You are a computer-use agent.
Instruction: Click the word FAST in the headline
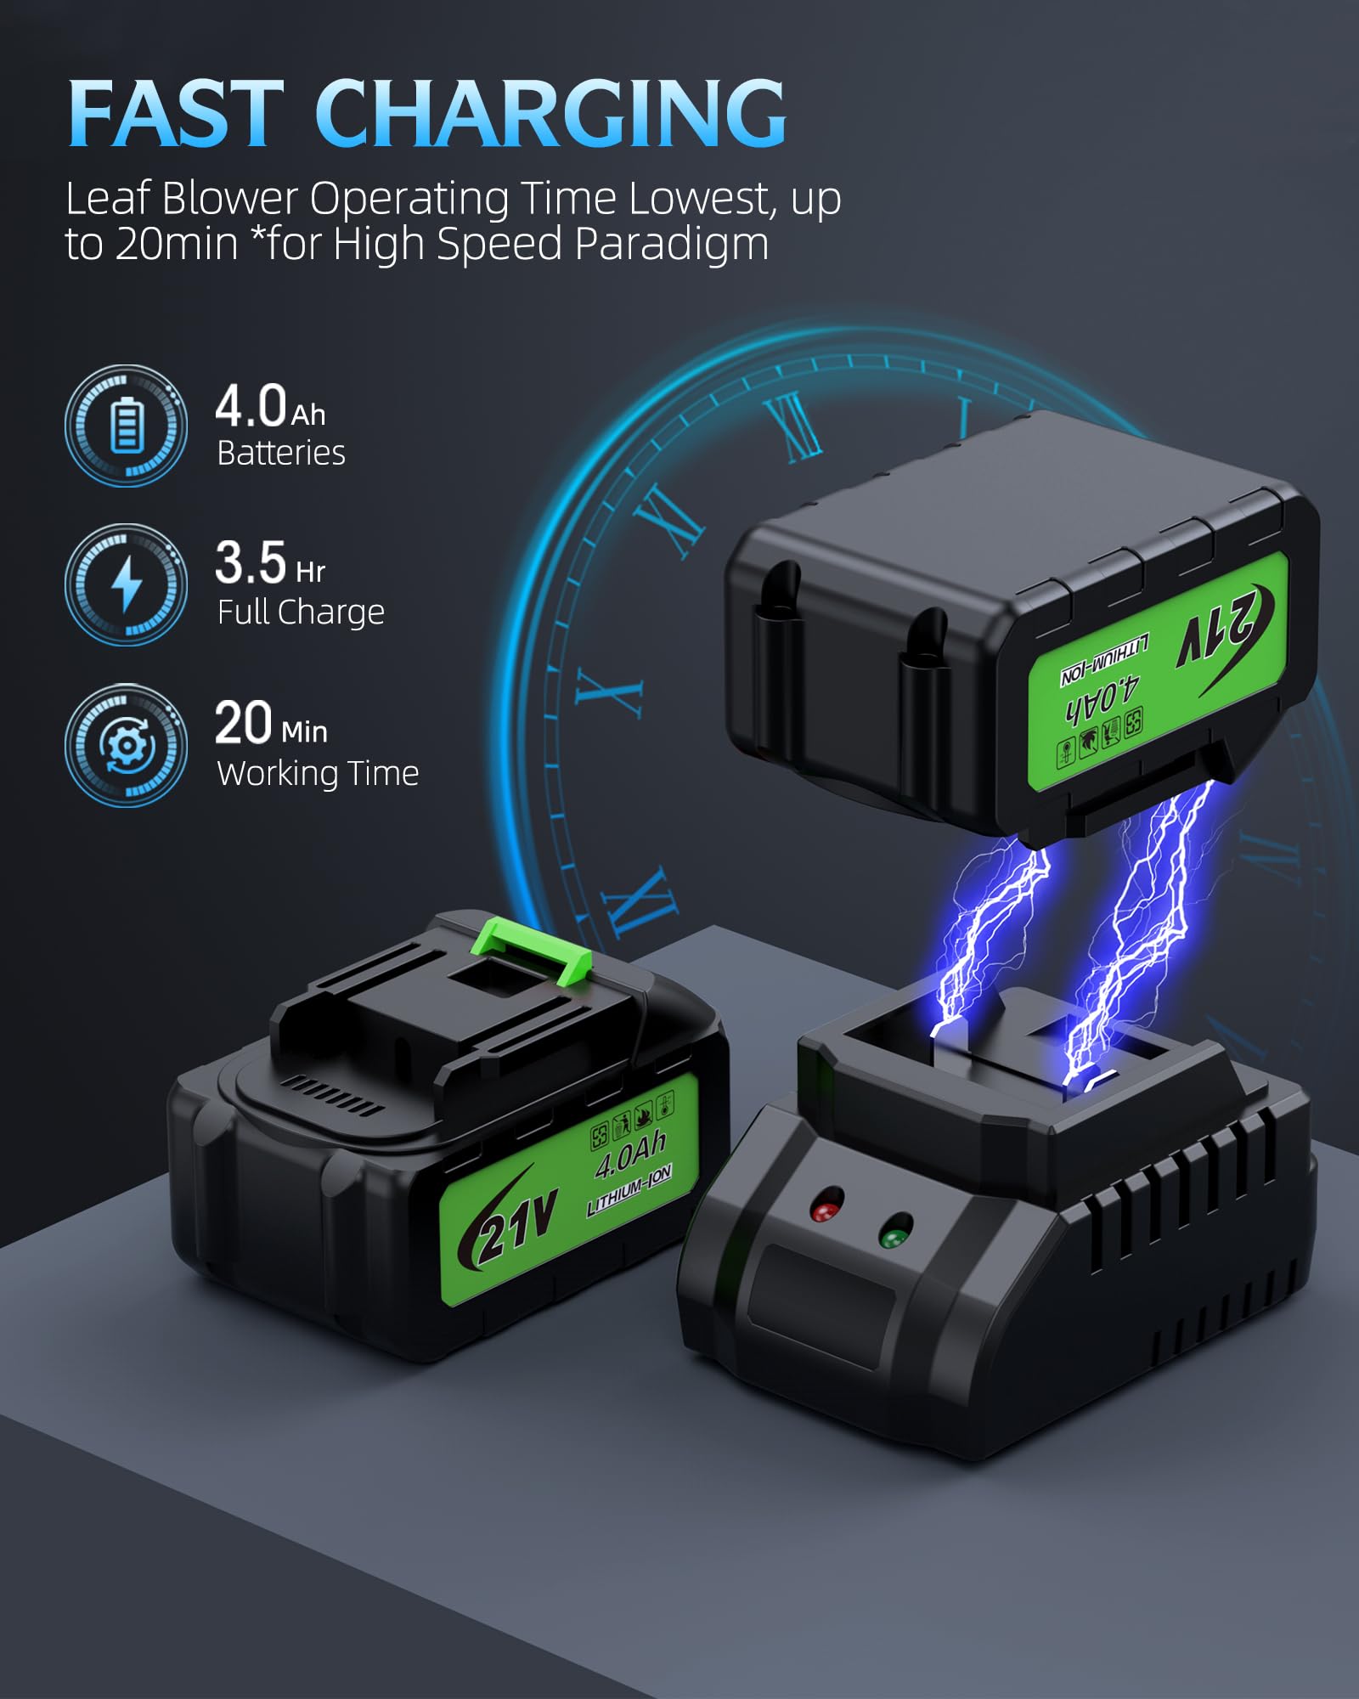point(176,113)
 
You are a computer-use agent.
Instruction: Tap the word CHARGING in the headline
point(550,113)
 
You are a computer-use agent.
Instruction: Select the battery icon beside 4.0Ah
point(127,426)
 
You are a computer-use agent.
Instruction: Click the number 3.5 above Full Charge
point(251,562)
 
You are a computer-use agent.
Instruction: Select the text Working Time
point(318,773)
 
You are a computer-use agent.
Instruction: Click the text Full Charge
point(301,612)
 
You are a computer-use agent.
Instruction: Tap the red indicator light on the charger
point(826,1206)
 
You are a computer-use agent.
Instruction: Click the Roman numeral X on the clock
point(608,691)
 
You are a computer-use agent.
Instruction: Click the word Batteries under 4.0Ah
point(281,453)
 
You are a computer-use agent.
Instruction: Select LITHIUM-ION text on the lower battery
point(629,1189)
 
